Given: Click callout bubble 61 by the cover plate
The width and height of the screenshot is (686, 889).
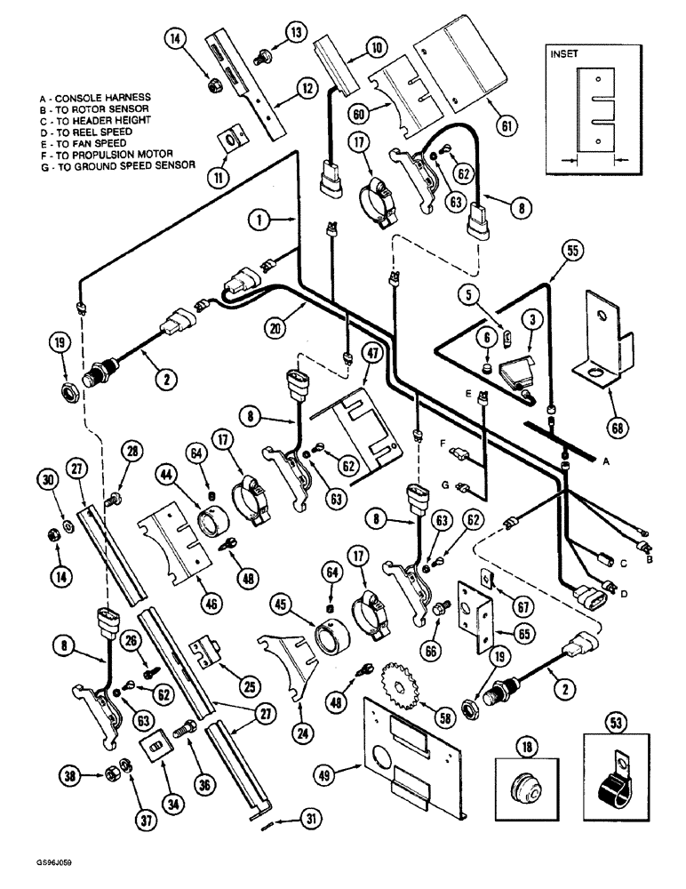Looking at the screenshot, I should tap(507, 124).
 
